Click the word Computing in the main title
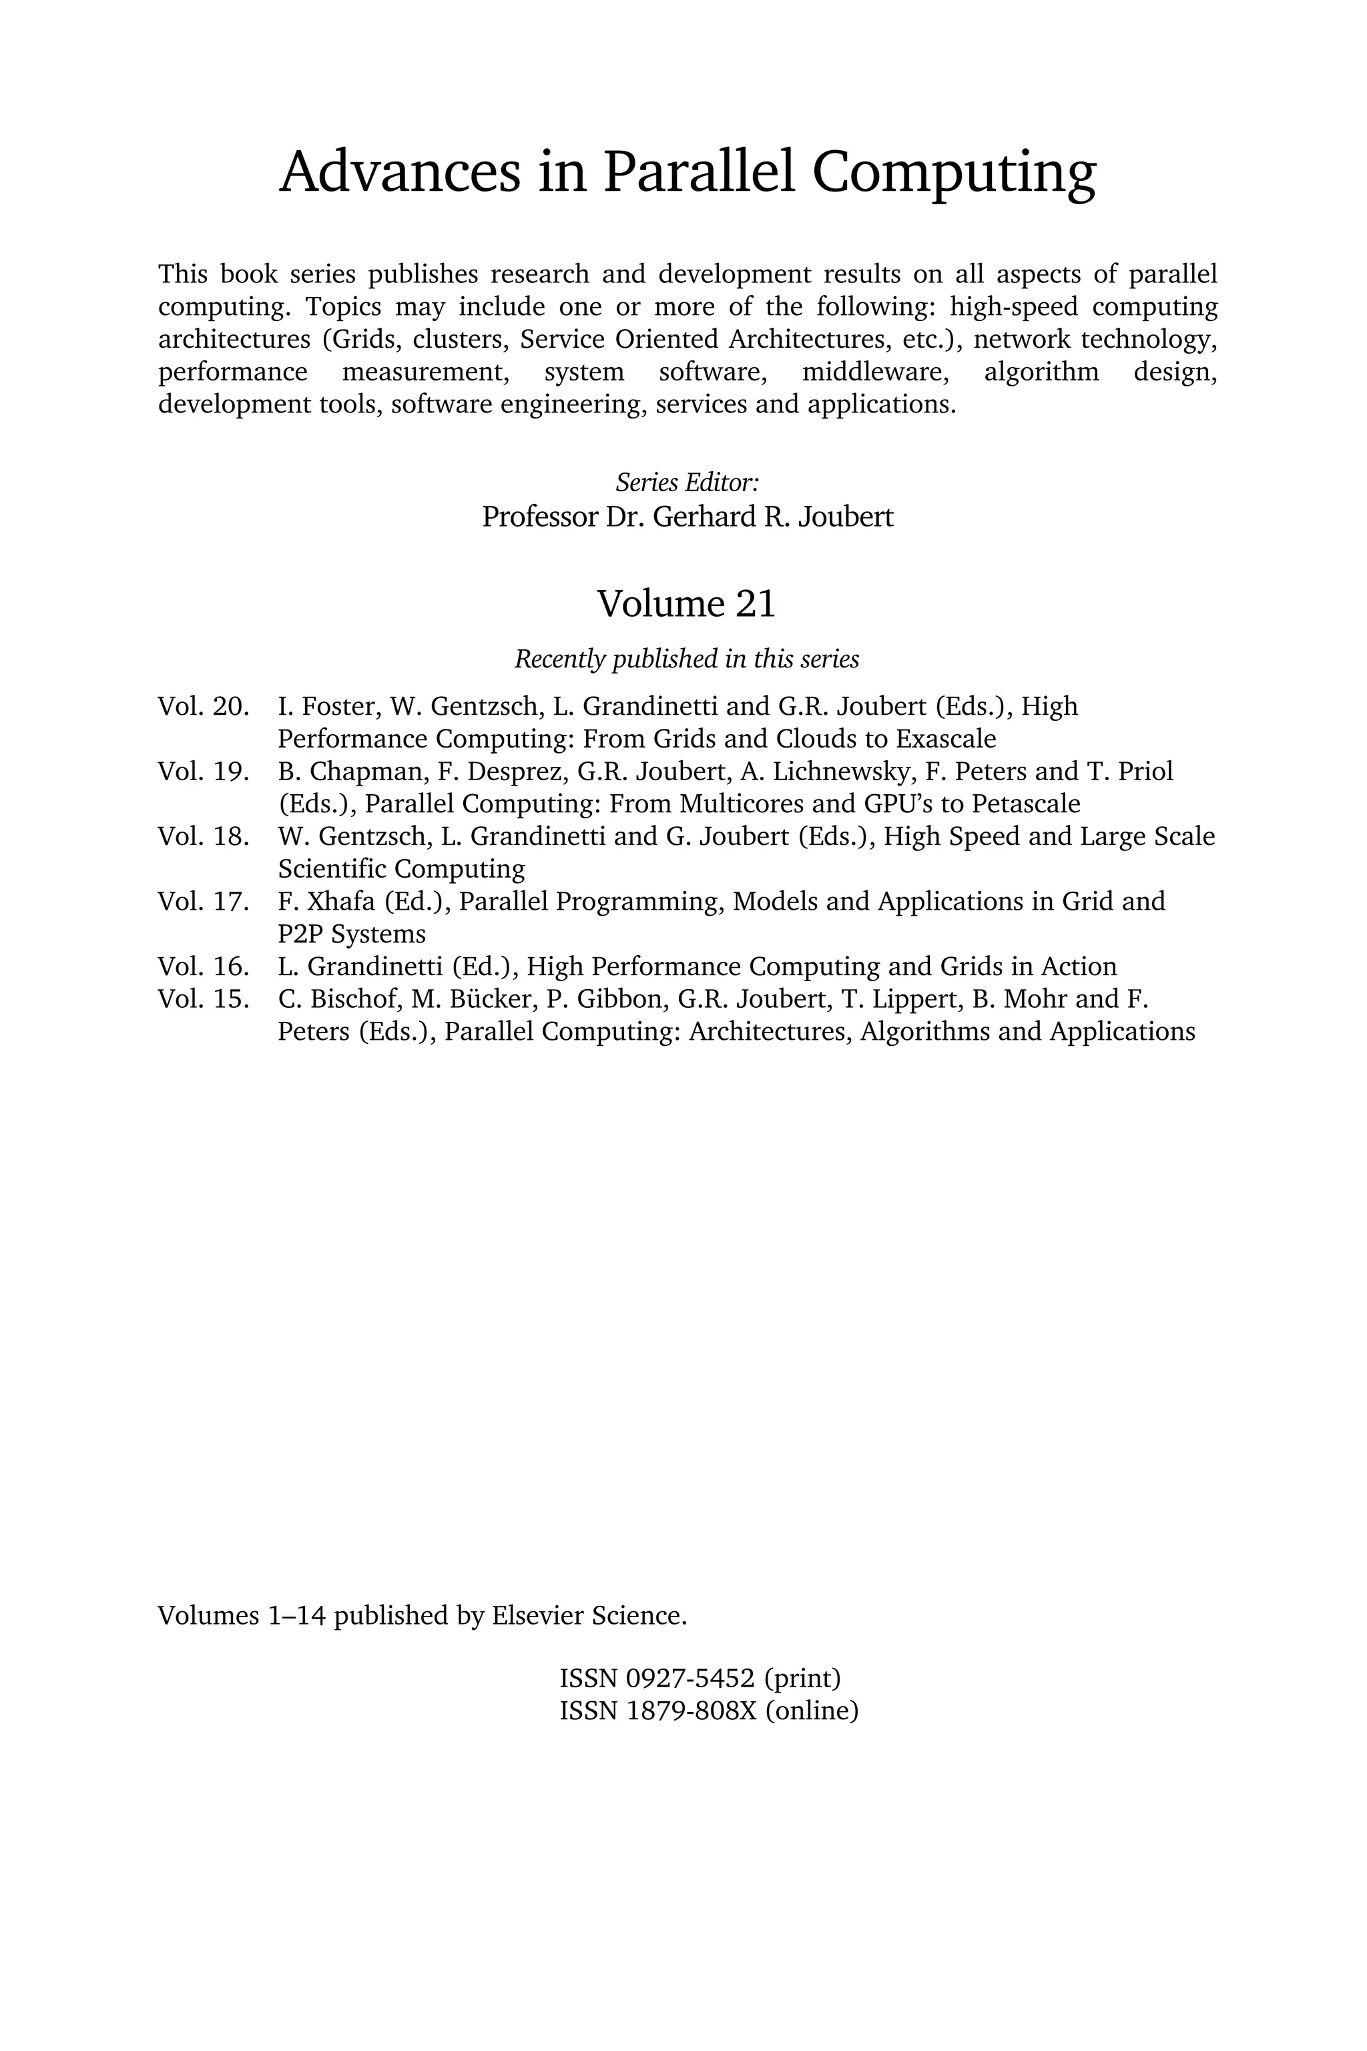tap(954, 173)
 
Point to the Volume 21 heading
tap(686, 604)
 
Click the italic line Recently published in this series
tap(686, 659)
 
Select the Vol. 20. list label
tap(203, 706)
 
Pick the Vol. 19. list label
tap(203, 772)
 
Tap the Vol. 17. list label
tap(203, 901)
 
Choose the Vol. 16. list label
tap(203, 966)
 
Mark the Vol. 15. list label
tap(203, 999)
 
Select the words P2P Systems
tap(351, 934)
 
